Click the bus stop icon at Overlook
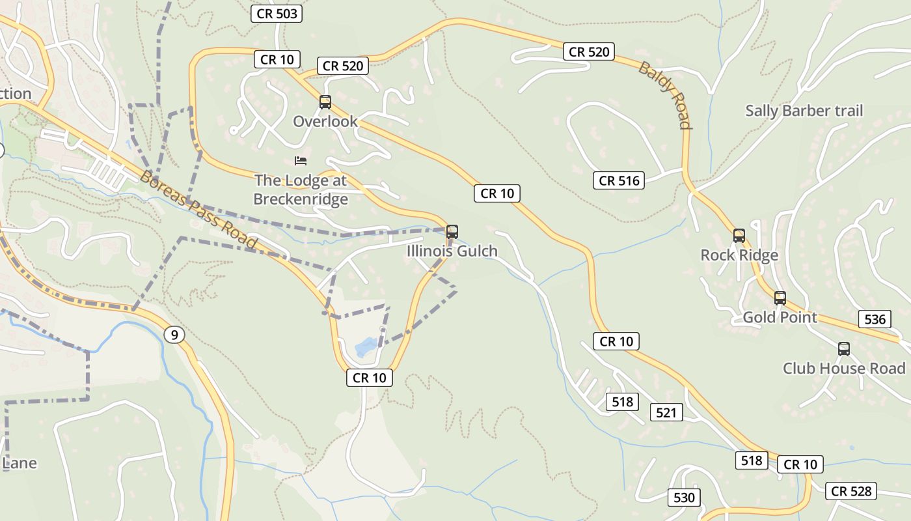click(x=325, y=102)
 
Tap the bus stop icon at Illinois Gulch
click(x=452, y=231)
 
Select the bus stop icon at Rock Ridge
click(x=739, y=235)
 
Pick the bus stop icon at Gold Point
click(x=780, y=298)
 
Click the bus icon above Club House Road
click(x=843, y=349)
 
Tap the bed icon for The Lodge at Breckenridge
click(x=300, y=160)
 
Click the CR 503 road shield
click(x=277, y=14)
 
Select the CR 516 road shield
click(x=618, y=180)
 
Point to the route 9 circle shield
click(x=173, y=335)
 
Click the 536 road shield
click(x=875, y=319)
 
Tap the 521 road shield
click(x=666, y=412)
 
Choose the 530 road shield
click(x=684, y=498)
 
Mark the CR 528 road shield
click(x=851, y=491)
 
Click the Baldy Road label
click(x=664, y=95)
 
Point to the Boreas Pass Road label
click(x=198, y=210)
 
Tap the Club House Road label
click(x=843, y=369)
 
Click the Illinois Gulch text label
click(x=452, y=251)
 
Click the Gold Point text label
click(x=780, y=317)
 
